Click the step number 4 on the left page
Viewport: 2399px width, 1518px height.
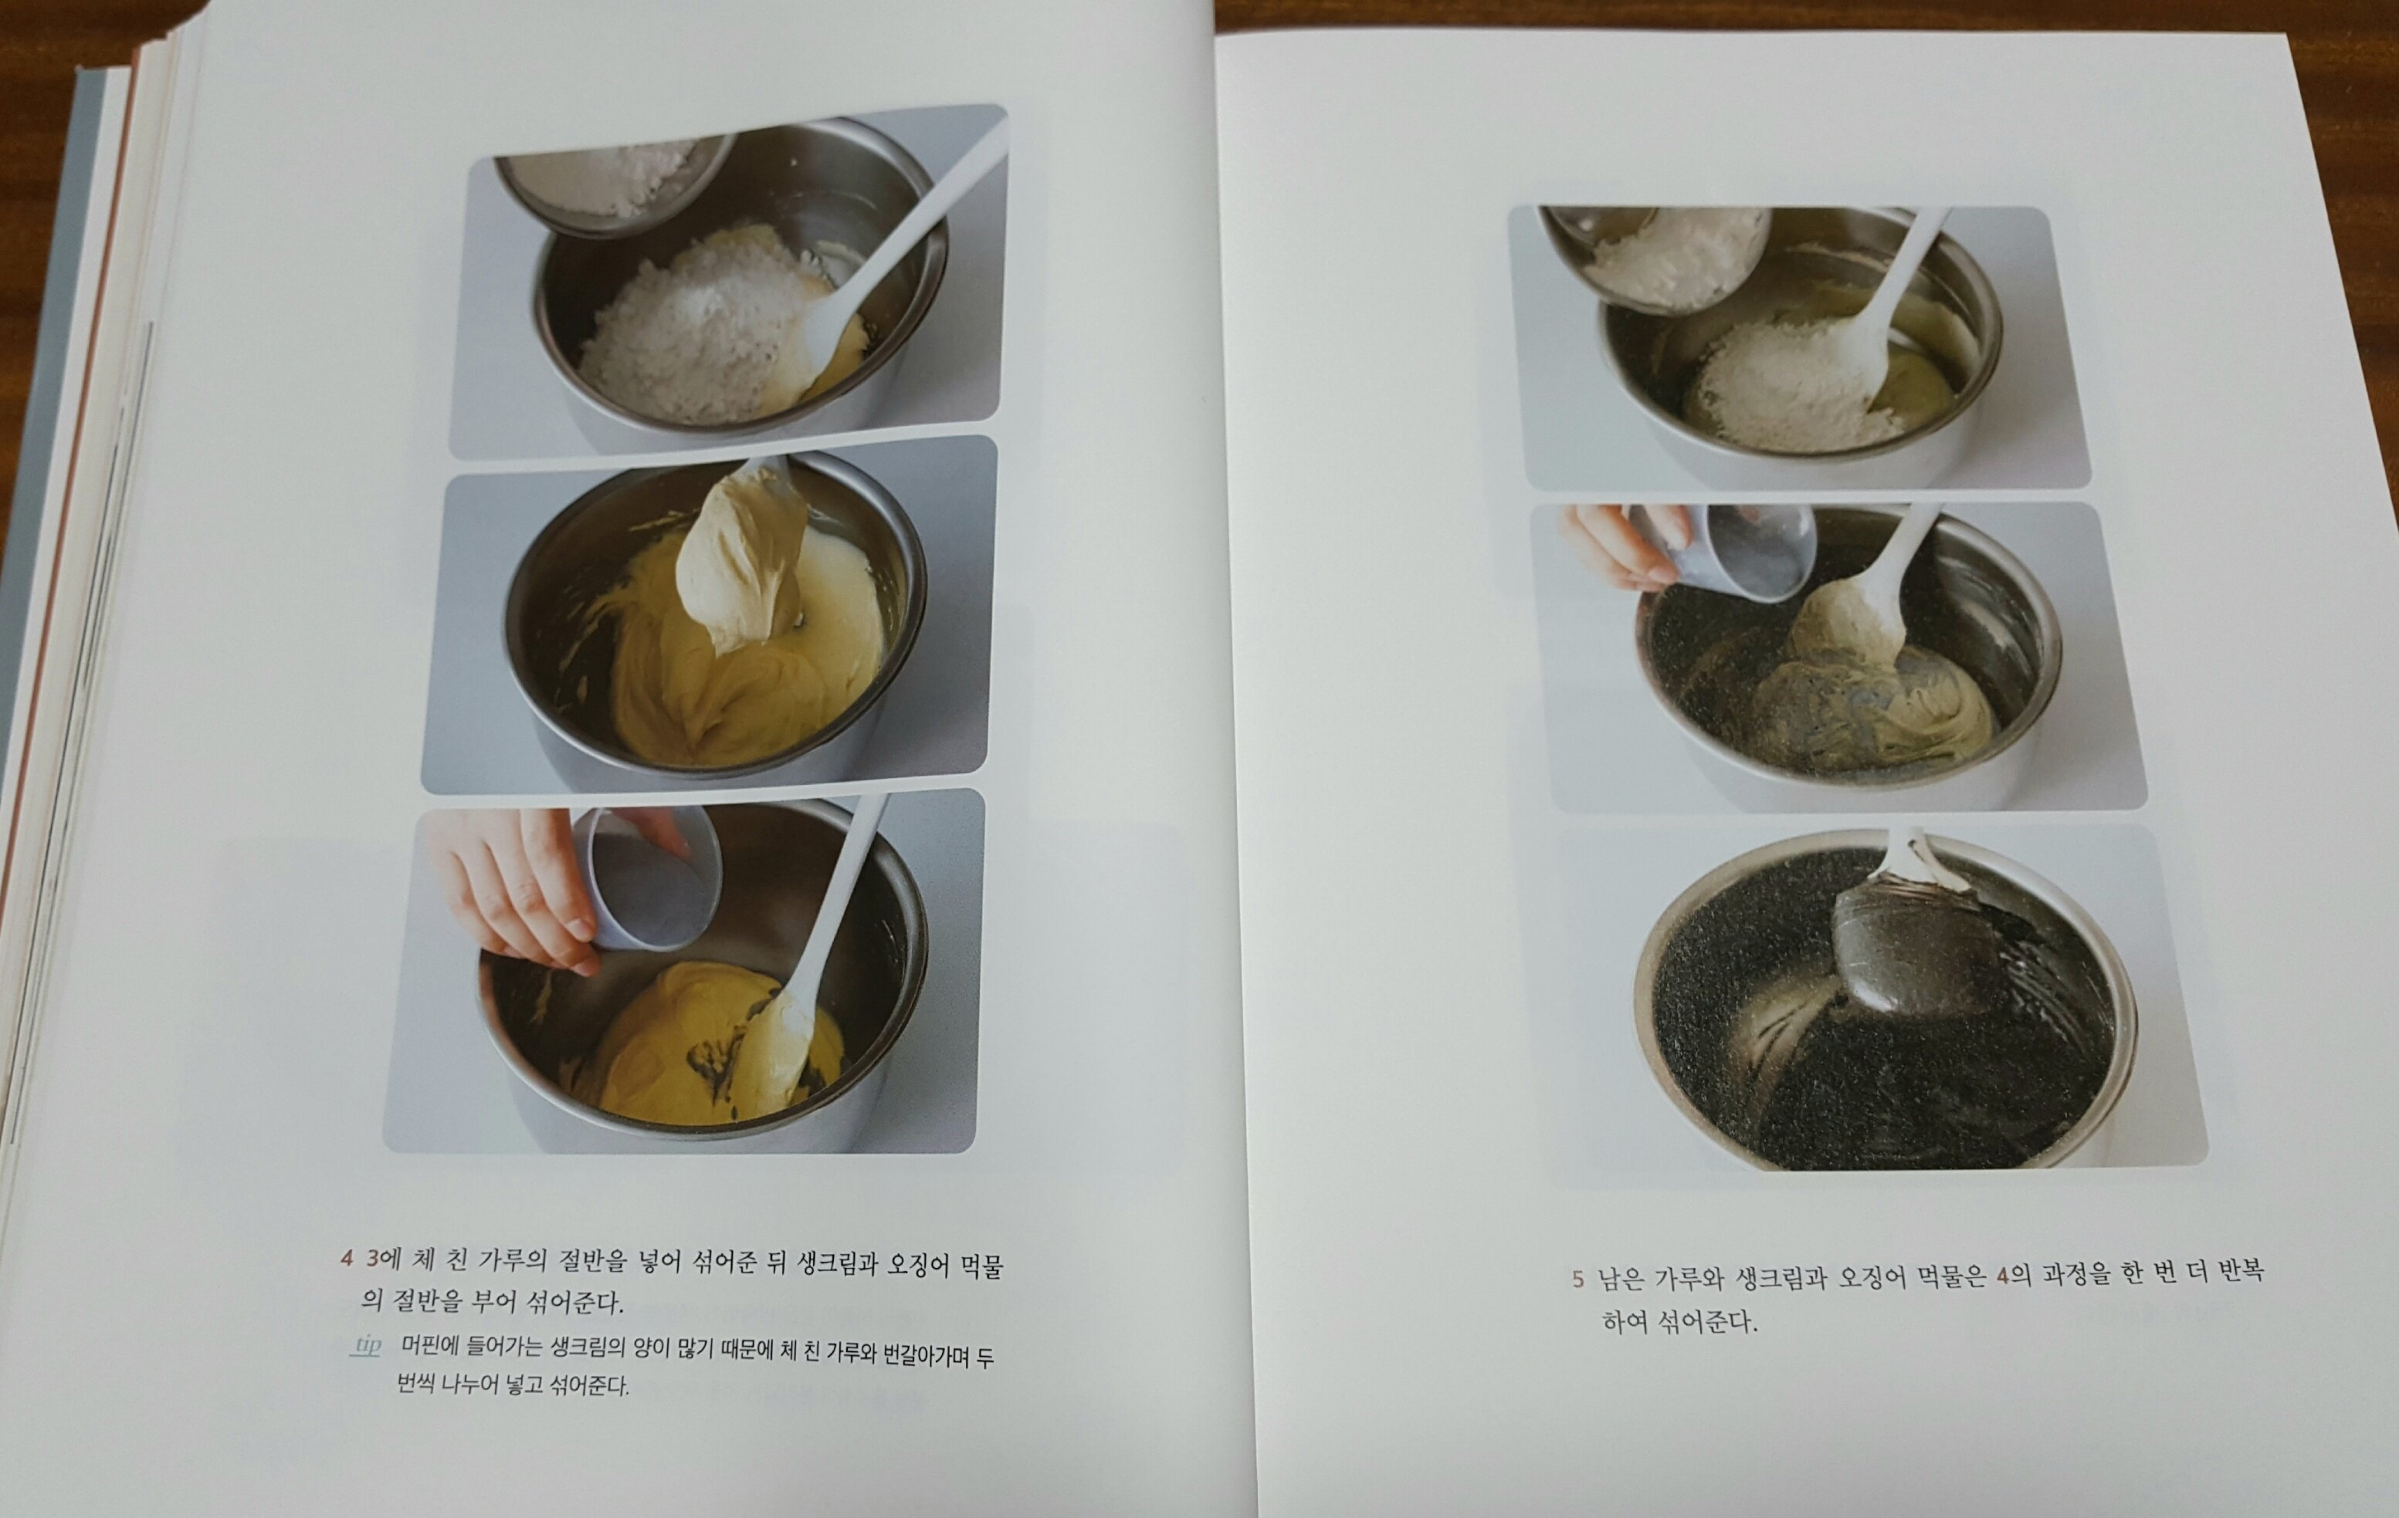tap(347, 1259)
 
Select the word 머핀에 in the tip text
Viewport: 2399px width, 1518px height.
tap(429, 1347)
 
